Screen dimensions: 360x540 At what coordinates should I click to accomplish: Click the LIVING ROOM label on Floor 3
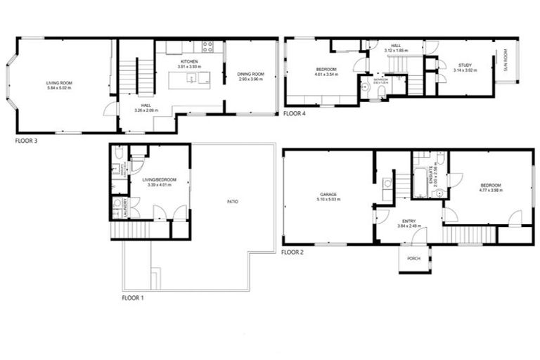pyautogui.click(x=60, y=84)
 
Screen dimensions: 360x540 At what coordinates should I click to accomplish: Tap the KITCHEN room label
pyautogui.click(x=188, y=62)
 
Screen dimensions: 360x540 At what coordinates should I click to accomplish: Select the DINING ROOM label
pyautogui.click(x=250, y=75)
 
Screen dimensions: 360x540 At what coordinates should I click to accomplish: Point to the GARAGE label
pyautogui.click(x=327, y=195)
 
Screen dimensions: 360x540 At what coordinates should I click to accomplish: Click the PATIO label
pyautogui.click(x=232, y=202)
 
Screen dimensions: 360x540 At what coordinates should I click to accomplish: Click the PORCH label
pyautogui.click(x=413, y=258)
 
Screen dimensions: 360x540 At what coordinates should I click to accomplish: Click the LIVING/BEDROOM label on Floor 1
pyautogui.click(x=160, y=180)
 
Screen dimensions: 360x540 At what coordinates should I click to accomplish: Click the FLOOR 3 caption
pyautogui.click(x=27, y=141)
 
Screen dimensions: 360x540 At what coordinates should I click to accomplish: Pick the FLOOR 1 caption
pyautogui.click(x=132, y=298)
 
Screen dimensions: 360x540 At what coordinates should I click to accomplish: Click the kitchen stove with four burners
pyautogui.click(x=208, y=48)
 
